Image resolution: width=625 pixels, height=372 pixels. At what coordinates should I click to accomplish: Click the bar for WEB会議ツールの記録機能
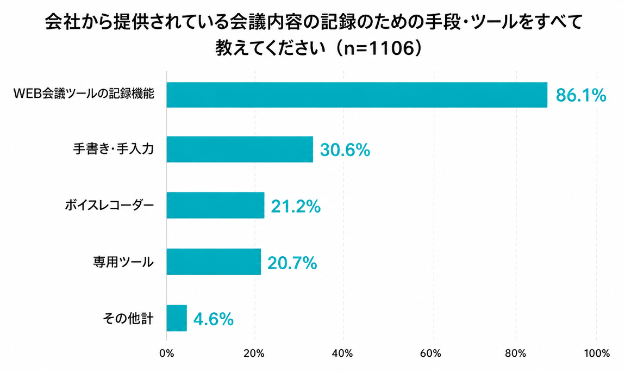click(x=357, y=95)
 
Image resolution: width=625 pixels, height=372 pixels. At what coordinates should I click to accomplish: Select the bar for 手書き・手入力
click(x=240, y=149)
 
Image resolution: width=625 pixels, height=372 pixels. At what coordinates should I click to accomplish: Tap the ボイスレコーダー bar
click(x=215, y=205)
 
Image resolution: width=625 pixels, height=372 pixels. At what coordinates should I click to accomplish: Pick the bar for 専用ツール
click(x=214, y=262)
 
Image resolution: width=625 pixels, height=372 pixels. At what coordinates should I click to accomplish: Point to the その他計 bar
click(x=177, y=318)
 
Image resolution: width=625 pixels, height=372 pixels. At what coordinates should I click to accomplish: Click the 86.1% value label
click(x=581, y=96)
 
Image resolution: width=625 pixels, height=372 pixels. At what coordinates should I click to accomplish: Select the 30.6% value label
click(x=345, y=150)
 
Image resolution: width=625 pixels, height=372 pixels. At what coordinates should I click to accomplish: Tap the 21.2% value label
click(x=296, y=207)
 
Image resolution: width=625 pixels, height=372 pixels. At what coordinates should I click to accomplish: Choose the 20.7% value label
click(x=292, y=263)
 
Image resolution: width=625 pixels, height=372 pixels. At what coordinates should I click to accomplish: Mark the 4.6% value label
click(x=213, y=319)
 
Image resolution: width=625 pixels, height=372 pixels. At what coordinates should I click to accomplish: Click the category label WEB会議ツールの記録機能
click(x=84, y=94)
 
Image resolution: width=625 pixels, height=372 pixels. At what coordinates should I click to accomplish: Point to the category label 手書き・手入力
click(x=114, y=149)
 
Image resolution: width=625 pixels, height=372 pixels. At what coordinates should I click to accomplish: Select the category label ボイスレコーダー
click(x=109, y=206)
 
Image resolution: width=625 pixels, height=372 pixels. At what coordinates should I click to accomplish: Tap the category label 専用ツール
click(x=123, y=262)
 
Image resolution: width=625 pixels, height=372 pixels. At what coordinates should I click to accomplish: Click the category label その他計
click(x=128, y=319)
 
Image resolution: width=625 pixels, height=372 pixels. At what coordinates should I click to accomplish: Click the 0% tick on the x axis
click(x=167, y=354)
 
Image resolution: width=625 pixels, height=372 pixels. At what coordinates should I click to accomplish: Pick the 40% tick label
click(x=342, y=354)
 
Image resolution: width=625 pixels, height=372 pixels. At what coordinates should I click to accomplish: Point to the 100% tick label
click(x=597, y=354)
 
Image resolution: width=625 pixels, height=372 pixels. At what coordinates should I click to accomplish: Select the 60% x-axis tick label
click(x=430, y=354)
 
